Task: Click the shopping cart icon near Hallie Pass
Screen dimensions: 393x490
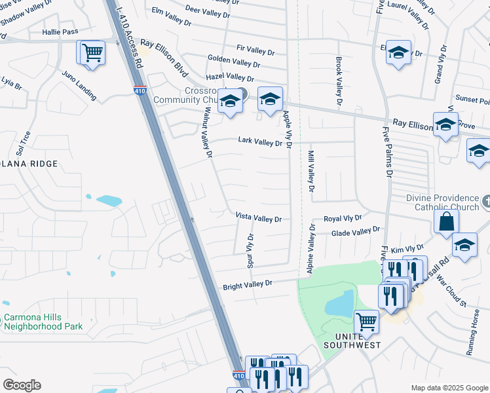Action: (x=92, y=52)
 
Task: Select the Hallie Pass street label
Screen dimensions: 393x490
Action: (x=60, y=31)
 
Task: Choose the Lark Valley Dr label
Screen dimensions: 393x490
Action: (x=259, y=142)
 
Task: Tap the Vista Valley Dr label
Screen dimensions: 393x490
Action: (x=258, y=219)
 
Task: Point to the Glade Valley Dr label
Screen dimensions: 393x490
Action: (x=356, y=232)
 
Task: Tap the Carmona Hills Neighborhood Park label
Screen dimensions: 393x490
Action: (x=43, y=322)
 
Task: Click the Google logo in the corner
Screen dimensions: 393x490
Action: (x=22, y=385)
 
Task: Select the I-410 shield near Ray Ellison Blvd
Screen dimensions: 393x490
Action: (x=139, y=91)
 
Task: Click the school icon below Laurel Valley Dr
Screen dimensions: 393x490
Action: (x=398, y=52)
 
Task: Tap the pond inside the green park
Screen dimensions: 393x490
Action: (x=338, y=303)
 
